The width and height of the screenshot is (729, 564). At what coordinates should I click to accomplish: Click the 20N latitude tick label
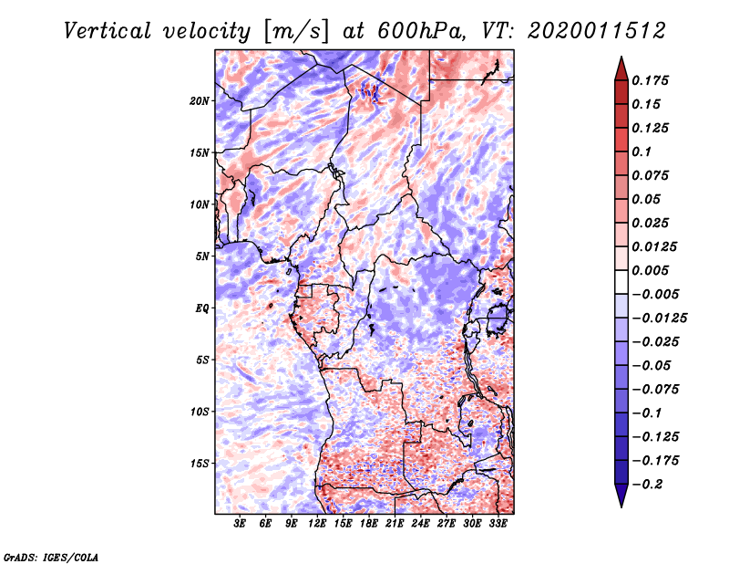point(200,101)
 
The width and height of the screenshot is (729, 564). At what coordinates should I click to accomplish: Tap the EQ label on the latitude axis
point(202,308)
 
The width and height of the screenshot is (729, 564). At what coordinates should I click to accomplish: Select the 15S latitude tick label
point(200,464)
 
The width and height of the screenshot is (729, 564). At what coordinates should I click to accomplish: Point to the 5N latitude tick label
point(202,256)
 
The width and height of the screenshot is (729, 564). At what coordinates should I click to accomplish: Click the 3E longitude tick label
point(240,524)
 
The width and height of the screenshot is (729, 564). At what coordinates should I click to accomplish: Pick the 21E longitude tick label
point(395,524)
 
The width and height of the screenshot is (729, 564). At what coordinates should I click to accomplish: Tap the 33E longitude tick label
point(498,524)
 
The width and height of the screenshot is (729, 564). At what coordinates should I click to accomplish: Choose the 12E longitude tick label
point(317,524)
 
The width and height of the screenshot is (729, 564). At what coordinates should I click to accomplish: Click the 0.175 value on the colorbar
point(650,80)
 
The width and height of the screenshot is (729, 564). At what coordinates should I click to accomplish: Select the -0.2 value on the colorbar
point(647,485)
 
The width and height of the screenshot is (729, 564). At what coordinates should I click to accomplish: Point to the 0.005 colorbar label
point(650,270)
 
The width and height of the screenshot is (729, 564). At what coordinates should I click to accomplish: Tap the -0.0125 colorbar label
point(659,319)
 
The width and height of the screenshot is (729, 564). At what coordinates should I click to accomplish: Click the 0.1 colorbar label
point(642,151)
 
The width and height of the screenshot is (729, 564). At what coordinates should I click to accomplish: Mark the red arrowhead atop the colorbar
point(621,68)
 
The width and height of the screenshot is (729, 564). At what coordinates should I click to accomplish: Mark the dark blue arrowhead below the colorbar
point(621,496)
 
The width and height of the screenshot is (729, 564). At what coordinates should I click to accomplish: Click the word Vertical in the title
point(108,31)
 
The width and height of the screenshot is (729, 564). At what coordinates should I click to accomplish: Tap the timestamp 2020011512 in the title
point(597,31)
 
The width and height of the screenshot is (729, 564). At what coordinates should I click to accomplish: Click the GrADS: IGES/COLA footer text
point(51,558)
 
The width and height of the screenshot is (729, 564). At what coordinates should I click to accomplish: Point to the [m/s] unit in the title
point(296,31)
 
